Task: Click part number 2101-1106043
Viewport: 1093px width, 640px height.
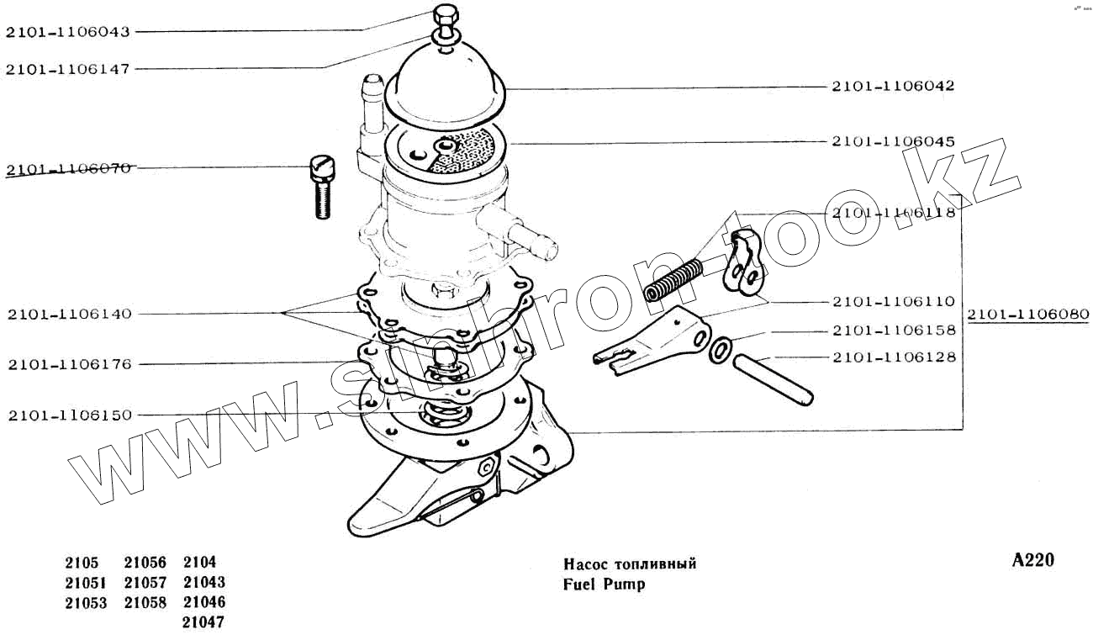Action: click(67, 32)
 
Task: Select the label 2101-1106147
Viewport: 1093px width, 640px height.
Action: click(67, 69)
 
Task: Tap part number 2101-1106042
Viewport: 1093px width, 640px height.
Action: click(893, 86)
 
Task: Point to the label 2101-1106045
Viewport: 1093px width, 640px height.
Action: click(893, 141)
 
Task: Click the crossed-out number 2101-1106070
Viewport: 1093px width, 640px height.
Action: click(67, 168)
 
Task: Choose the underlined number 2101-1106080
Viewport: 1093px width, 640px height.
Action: click(1027, 315)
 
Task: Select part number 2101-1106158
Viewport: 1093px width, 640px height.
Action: click(894, 330)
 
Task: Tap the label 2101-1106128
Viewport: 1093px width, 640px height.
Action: click(894, 357)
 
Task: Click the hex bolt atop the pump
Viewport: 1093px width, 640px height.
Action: click(445, 16)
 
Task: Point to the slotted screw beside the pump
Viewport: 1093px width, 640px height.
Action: click(321, 187)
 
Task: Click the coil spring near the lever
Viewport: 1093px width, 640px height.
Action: click(673, 280)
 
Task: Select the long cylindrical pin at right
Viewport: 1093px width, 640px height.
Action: click(771, 378)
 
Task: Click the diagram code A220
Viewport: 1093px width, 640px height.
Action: click(1032, 561)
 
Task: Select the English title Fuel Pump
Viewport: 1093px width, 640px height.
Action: click(604, 584)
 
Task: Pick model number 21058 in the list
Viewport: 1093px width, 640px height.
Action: click(145, 602)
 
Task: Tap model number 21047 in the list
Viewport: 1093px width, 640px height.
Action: click(203, 622)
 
